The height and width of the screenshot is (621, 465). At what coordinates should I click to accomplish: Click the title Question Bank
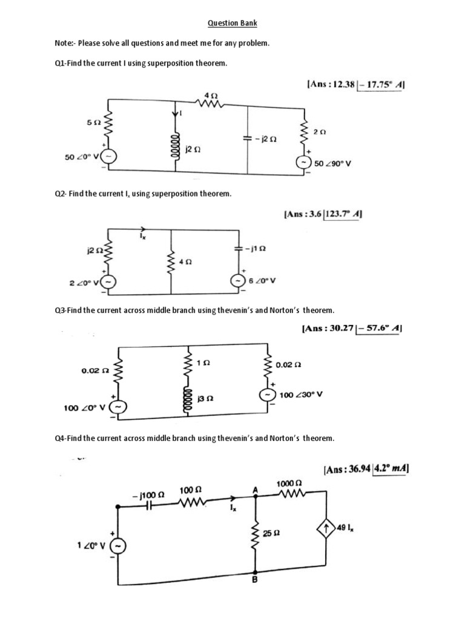click(x=232, y=23)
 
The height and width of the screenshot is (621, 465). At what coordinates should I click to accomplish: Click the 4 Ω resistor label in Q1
click(x=210, y=95)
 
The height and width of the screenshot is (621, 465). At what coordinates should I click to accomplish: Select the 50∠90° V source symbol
click(x=302, y=163)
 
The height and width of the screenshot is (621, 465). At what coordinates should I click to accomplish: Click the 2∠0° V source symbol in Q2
click(x=109, y=281)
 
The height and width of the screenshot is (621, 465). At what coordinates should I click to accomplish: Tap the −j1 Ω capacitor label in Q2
click(x=257, y=249)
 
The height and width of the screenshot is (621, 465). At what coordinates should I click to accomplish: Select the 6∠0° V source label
click(x=263, y=281)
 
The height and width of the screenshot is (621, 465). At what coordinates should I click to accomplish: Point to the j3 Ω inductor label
click(x=205, y=400)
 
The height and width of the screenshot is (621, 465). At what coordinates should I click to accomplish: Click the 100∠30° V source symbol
click(x=267, y=395)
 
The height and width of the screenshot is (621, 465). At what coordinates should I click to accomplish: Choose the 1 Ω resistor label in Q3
click(x=203, y=363)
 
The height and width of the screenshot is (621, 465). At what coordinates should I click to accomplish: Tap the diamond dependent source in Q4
click(x=326, y=529)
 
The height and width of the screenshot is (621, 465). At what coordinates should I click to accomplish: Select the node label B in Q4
click(x=255, y=580)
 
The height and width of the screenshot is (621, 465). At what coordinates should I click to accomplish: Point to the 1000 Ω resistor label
click(x=288, y=483)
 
